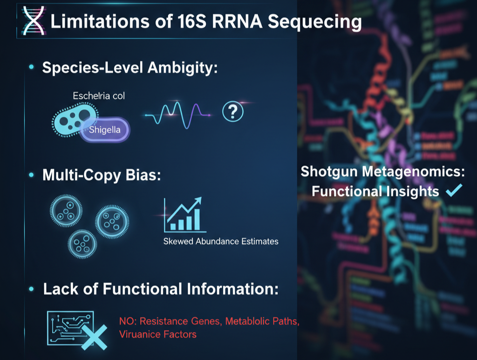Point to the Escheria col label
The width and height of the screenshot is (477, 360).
click(99, 96)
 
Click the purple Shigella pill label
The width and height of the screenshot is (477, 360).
click(105, 129)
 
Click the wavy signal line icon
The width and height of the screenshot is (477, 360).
click(177, 115)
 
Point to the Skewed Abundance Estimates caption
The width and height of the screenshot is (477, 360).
click(221, 241)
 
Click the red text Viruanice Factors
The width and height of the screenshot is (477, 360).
click(158, 334)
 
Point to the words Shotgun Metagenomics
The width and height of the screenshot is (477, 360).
click(382, 171)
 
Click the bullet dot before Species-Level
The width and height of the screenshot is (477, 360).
click(31, 68)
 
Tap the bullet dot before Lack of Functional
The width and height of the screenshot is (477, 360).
click(31, 289)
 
